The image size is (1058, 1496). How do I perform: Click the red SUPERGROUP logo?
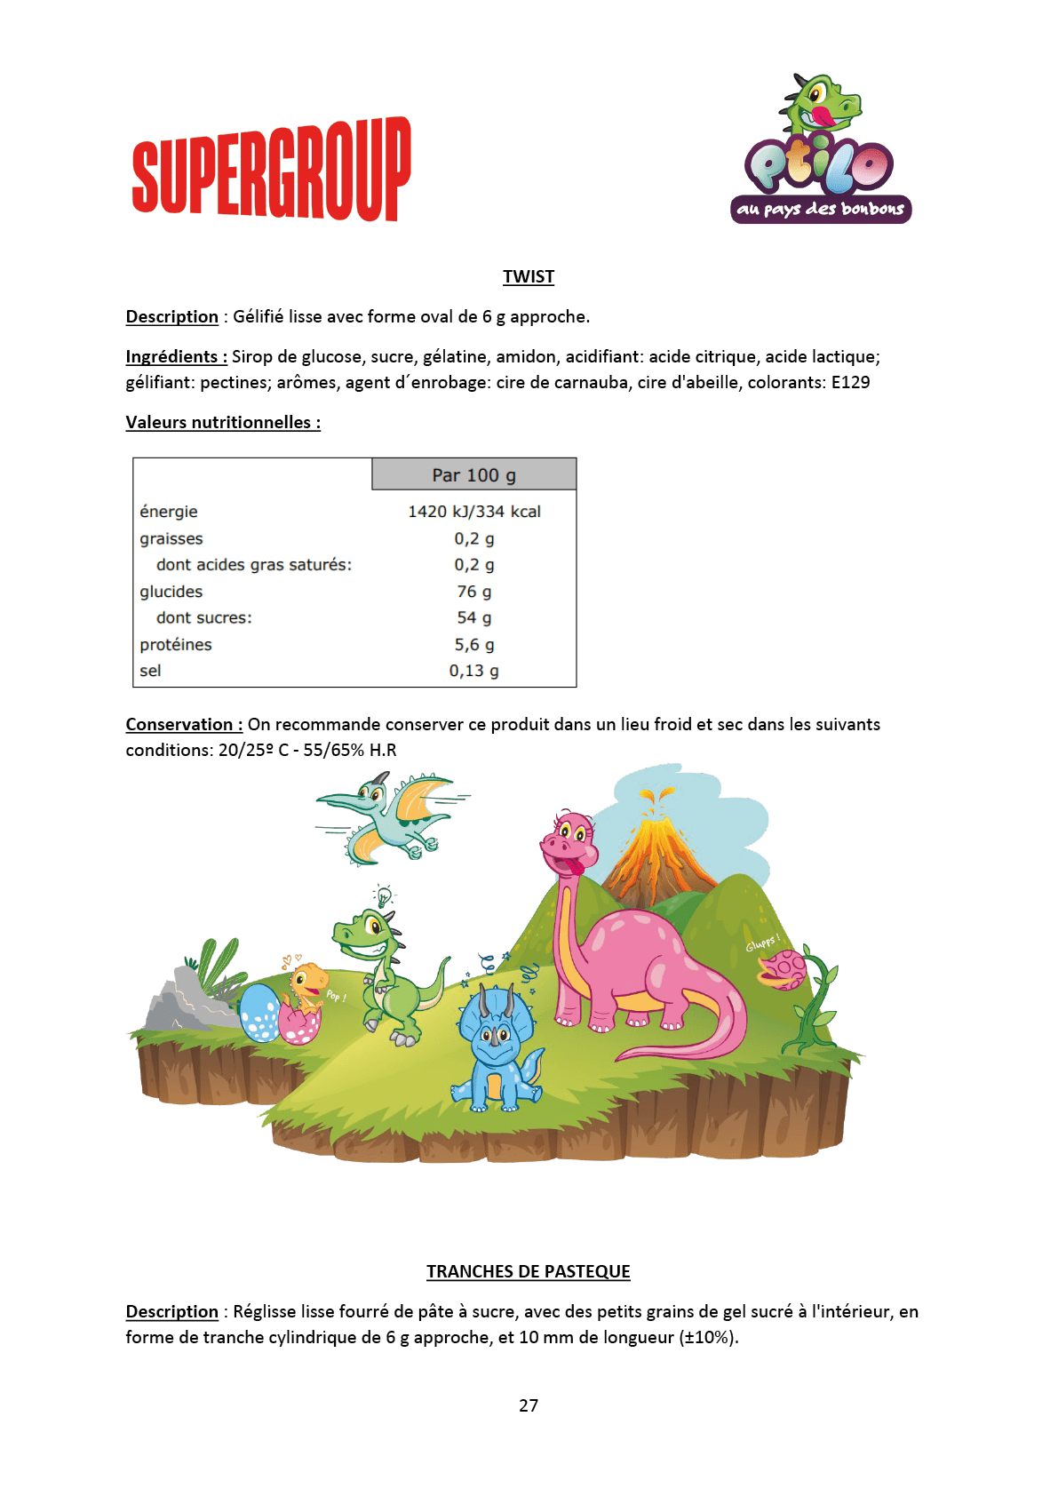[x=271, y=169]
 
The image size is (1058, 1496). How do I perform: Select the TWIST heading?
[x=529, y=276]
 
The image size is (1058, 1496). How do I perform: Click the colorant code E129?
[x=850, y=382]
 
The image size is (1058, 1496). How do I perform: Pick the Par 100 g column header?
[x=473, y=475]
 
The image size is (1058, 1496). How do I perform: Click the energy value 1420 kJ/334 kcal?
[x=473, y=512]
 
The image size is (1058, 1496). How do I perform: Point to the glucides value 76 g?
[x=473, y=592]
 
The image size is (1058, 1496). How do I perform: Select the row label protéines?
[x=176, y=645]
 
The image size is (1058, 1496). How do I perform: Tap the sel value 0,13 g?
[x=473, y=671]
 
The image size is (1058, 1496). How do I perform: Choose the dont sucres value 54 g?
[x=473, y=617]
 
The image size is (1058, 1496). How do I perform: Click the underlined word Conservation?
[x=179, y=724]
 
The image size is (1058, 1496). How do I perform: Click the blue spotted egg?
[x=259, y=1013]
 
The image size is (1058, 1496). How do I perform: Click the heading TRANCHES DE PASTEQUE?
[x=529, y=1271]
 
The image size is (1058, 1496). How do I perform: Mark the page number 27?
[x=529, y=1405]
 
